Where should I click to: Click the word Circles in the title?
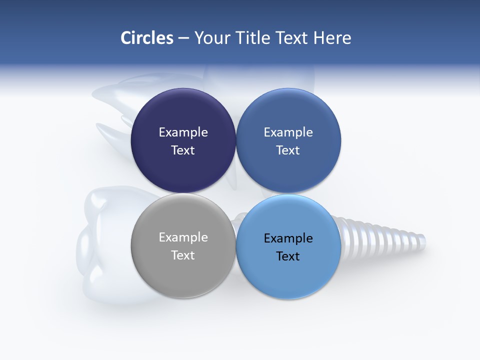(x=147, y=38)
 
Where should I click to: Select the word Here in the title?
(x=332, y=38)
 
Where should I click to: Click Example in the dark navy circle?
(x=183, y=132)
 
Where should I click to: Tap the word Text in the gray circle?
(x=183, y=255)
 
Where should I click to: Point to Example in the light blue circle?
(x=288, y=238)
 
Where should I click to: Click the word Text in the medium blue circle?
(x=288, y=150)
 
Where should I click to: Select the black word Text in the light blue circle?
(x=288, y=256)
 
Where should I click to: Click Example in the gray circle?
(x=183, y=237)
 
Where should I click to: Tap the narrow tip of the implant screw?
(x=421, y=242)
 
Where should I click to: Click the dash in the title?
(x=183, y=38)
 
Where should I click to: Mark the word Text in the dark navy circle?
(x=183, y=150)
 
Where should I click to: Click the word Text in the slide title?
(x=293, y=38)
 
